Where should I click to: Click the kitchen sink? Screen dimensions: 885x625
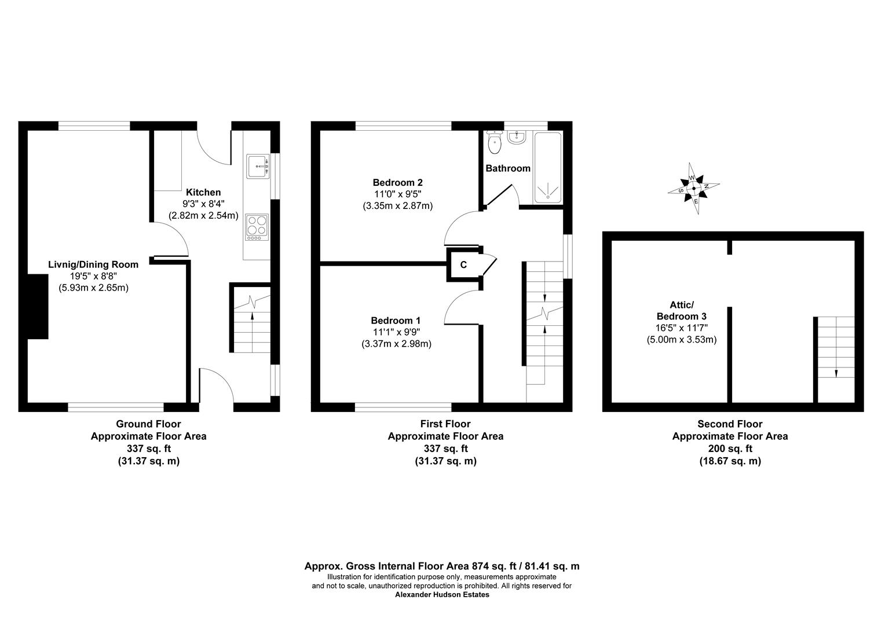[x=258, y=166]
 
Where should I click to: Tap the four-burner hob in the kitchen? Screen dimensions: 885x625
[x=257, y=227]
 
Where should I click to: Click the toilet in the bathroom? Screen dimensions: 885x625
[x=494, y=143]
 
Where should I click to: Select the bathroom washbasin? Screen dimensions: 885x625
[x=517, y=137]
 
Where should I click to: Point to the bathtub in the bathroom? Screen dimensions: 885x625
[x=547, y=168]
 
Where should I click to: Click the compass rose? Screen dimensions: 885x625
[x=694, y=188]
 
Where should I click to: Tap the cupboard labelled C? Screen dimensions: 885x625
[x=464, y=264]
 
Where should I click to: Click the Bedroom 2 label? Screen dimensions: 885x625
[x=397, y=182]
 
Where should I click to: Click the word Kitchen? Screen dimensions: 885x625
[x=203, y=192]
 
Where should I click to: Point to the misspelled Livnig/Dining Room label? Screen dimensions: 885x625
[x=93, y=264]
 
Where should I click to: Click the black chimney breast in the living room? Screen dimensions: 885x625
[x=38, y=306]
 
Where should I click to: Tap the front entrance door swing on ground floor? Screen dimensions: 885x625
[x=217, y=385]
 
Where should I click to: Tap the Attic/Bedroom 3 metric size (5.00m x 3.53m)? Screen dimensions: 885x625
[x=682, y=340]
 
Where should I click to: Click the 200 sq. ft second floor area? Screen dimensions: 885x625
[x=730, y=448]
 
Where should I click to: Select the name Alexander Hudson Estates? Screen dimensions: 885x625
[x=442, y=594]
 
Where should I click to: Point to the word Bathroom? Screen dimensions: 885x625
[x=508, y=168]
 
